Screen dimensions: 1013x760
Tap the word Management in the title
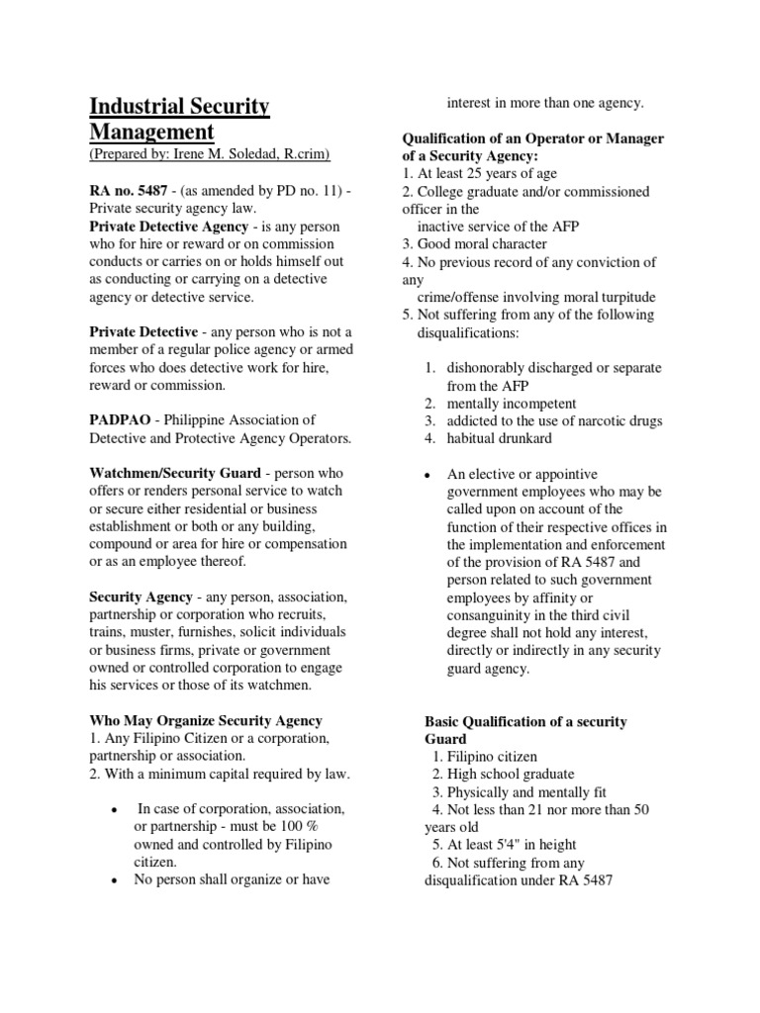coord(151,132)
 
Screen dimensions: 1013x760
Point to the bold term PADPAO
coord(121,419)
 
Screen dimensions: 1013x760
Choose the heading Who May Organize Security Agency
coord(206,720)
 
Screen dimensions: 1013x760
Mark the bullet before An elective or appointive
coord(427,475)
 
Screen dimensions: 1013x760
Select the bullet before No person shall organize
coord(117,879)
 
